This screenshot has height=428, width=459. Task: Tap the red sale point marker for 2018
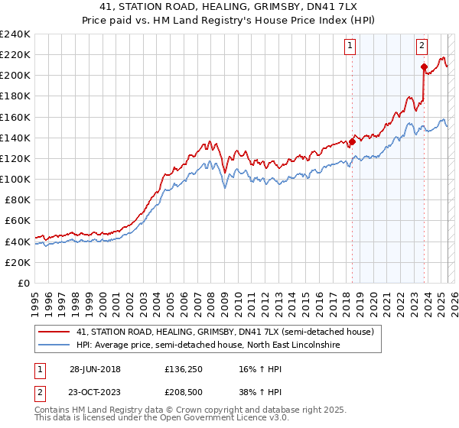[352, 141]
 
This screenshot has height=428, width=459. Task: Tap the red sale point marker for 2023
[424, 67]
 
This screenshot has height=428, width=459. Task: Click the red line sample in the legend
[54, 332]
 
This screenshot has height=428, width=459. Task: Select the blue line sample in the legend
[54, 346]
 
